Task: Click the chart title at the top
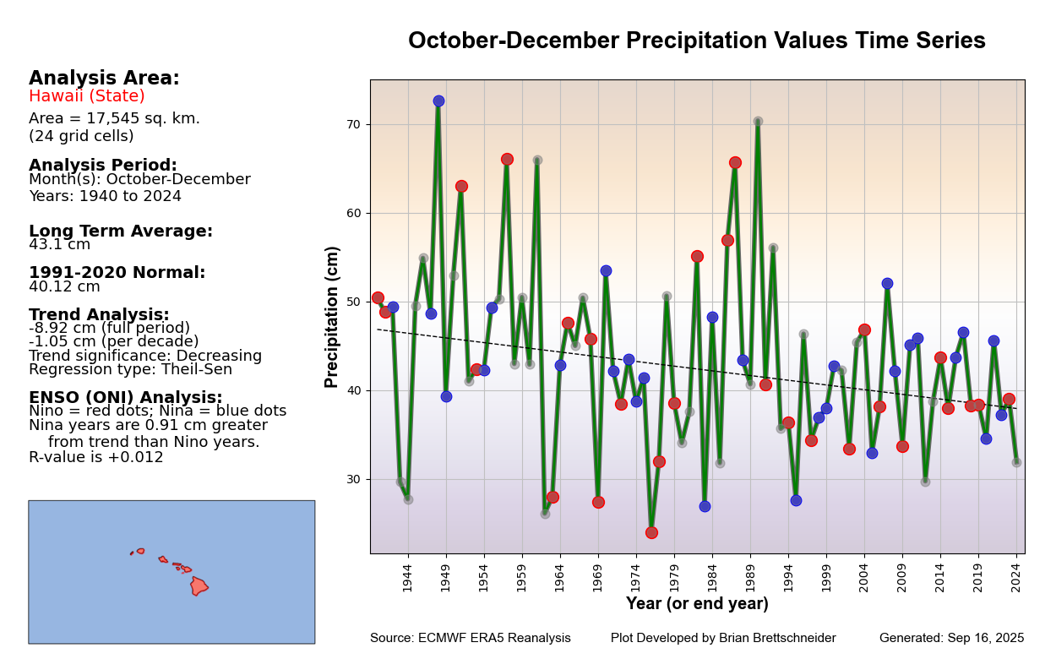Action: point(696,41)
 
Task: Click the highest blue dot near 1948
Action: point(438,101)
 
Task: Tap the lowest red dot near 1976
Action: point(651,532)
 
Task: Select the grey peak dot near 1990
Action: point(758,122)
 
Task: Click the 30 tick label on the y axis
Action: point(353,479)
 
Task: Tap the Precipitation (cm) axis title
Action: point(333,317)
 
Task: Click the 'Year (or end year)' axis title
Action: point(697,604)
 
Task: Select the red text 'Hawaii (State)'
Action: point(87,96)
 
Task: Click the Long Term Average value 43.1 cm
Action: point(59,245)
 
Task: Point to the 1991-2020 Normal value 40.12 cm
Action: point(64,287)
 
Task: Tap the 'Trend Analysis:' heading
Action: point(99,315)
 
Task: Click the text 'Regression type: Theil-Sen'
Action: point(130,370)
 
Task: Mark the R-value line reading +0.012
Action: point(96,458)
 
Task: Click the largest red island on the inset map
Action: point(199,585)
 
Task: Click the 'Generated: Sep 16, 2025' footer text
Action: point(951,639)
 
